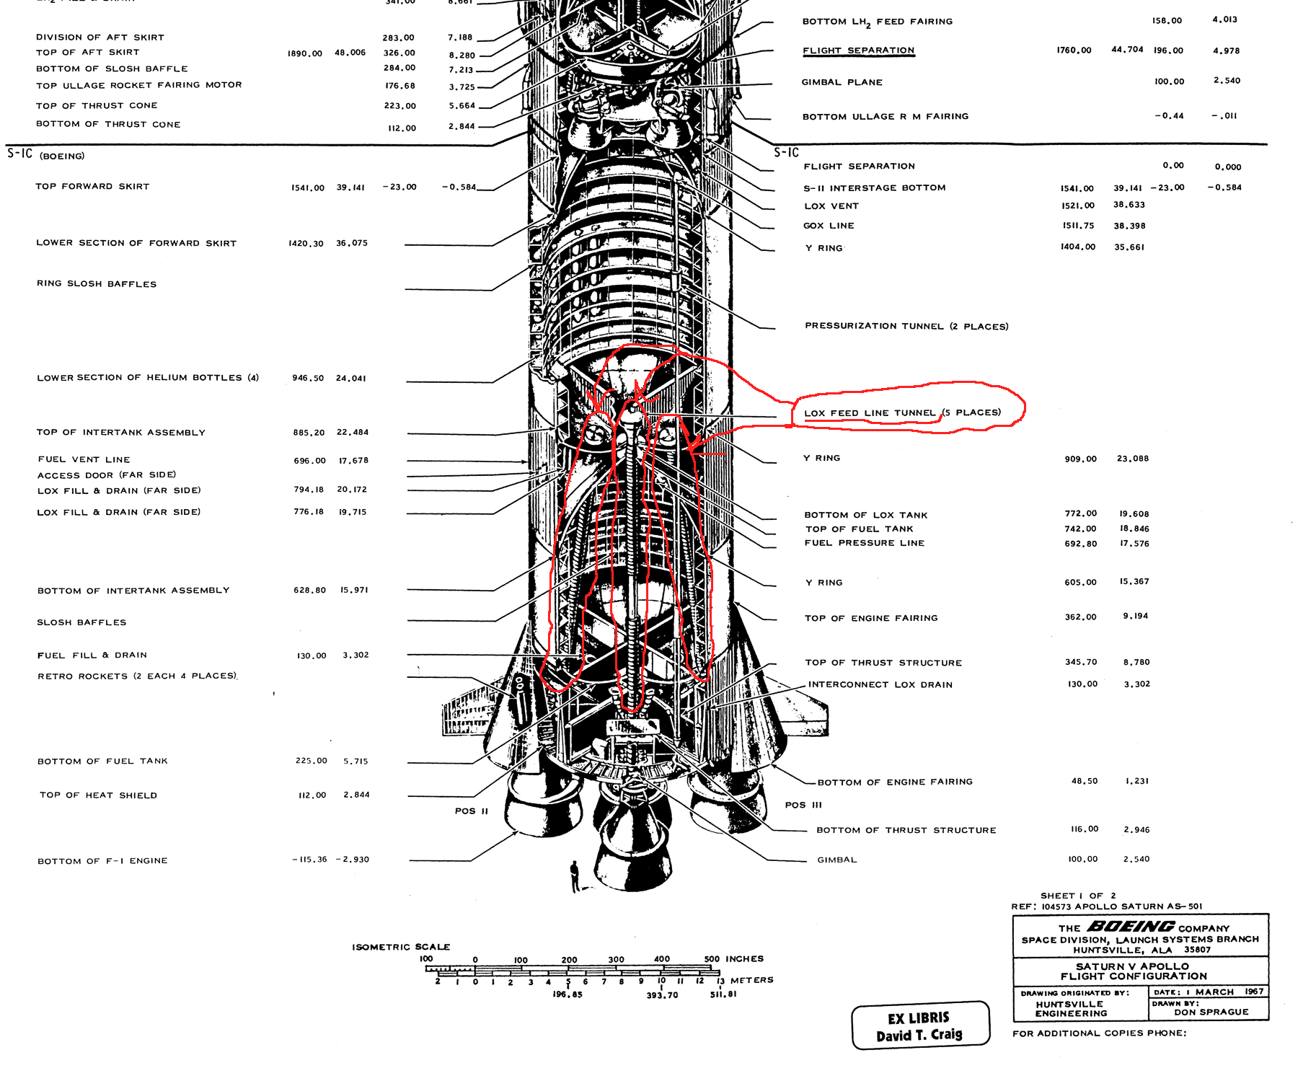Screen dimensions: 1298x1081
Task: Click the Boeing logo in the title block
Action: [x=1130, y=927]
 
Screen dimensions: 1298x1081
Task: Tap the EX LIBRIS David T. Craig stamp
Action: [x=920, y=1025]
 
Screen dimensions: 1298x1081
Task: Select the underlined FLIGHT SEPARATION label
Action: [x=858, y=50]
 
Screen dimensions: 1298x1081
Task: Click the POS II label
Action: [x=472, y=811]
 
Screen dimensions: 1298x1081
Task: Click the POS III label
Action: [x=803, y=805]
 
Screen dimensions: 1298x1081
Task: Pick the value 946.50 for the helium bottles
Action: [x=308, y=378]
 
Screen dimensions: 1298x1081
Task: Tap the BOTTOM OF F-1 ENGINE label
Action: [x=102, y=861]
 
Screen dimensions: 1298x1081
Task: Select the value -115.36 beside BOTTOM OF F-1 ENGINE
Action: [x=310, y=860]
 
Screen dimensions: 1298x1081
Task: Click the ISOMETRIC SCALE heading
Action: [x=401, y=947]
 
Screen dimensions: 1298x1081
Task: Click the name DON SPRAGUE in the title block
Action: [x=1211, y=1012]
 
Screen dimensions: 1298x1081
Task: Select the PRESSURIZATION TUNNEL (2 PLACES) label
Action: [x=906, y=326]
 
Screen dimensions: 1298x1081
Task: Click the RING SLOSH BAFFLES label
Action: [x=97, y=284]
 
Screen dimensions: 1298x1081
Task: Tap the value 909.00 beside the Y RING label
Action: [x=1081, y=459]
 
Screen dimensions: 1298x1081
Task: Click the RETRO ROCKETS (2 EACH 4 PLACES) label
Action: [x=137, y=676]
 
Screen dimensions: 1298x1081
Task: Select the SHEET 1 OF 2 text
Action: [x=1078, y=896]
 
